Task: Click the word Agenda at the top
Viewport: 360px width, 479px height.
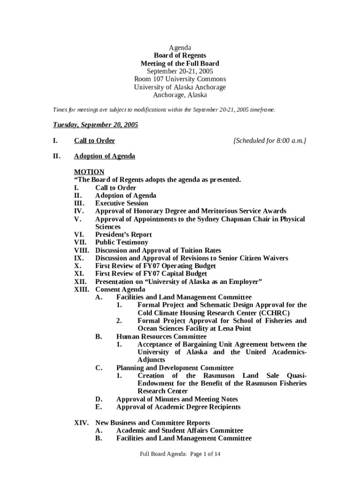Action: (180, 48)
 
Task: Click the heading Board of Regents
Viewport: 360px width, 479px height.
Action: (180, 56)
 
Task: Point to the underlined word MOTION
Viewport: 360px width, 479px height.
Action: (89, 172)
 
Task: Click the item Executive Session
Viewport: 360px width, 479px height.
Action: (122, 203)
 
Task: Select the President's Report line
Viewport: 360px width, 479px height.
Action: (123, 235)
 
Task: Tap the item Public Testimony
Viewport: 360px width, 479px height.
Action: (122, 242)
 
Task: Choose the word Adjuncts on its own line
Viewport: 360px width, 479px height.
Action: (151, 360)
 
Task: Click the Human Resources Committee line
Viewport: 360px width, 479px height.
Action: (161, 336)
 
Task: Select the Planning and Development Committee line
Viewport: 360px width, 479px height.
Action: (175, 368)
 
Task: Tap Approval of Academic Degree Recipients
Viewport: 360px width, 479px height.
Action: (179, 407)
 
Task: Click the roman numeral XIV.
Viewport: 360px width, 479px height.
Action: (82, 423)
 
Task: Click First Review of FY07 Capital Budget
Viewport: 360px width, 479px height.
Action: (151, 274)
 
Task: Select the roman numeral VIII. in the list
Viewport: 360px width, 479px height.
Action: (83, 250)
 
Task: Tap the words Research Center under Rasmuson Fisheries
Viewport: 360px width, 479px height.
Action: (163, 391)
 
